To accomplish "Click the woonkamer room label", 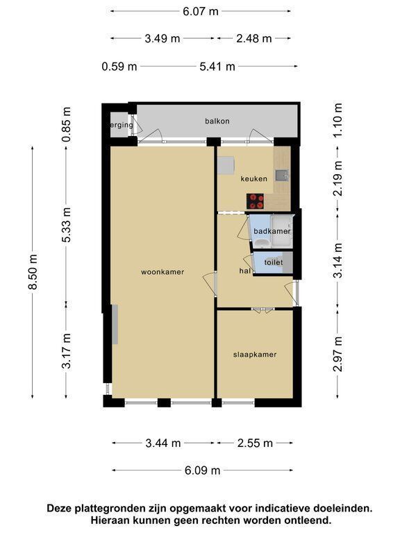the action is pyautogui.click(x=162, y=272).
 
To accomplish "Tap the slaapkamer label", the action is pyautogui.click(x=255, y=355).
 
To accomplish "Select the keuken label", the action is pyautogui.click(x=253, y=178).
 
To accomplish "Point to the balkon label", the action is pyautogui.click(x=217, y=121).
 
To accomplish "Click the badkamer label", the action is pyautogui.click(x=272, y=231).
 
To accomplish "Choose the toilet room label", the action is pyautogui.click(x=274, y=262).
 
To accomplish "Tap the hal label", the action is pyautogui.click(x=245, y=271).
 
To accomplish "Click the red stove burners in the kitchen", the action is pyautogui.click(x=256, y=201).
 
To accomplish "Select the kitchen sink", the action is pyautogui.click(x=282, y=175).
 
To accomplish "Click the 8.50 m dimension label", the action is pyautogui.click(x=33, y=272).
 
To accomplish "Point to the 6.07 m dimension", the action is pyautogui.click(x=200, y=11).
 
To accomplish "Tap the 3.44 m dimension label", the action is pyautogui.click(x=163, y=443).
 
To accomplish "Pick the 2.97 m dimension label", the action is pyautogui.click(x=337, y=354).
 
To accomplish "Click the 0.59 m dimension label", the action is pyautogui.click(x=119, y=66).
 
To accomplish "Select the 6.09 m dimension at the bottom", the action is pyautogui.click(x=202, y=470).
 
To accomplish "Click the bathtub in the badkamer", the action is pyautogui.click(x=282, y=232).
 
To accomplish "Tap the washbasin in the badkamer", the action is pyautogui.click(x=262, y=244).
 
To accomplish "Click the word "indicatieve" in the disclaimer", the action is pyautogui.click(x=283, y=508).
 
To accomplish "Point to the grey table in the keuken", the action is pyautogui.click(x=226, y=165).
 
